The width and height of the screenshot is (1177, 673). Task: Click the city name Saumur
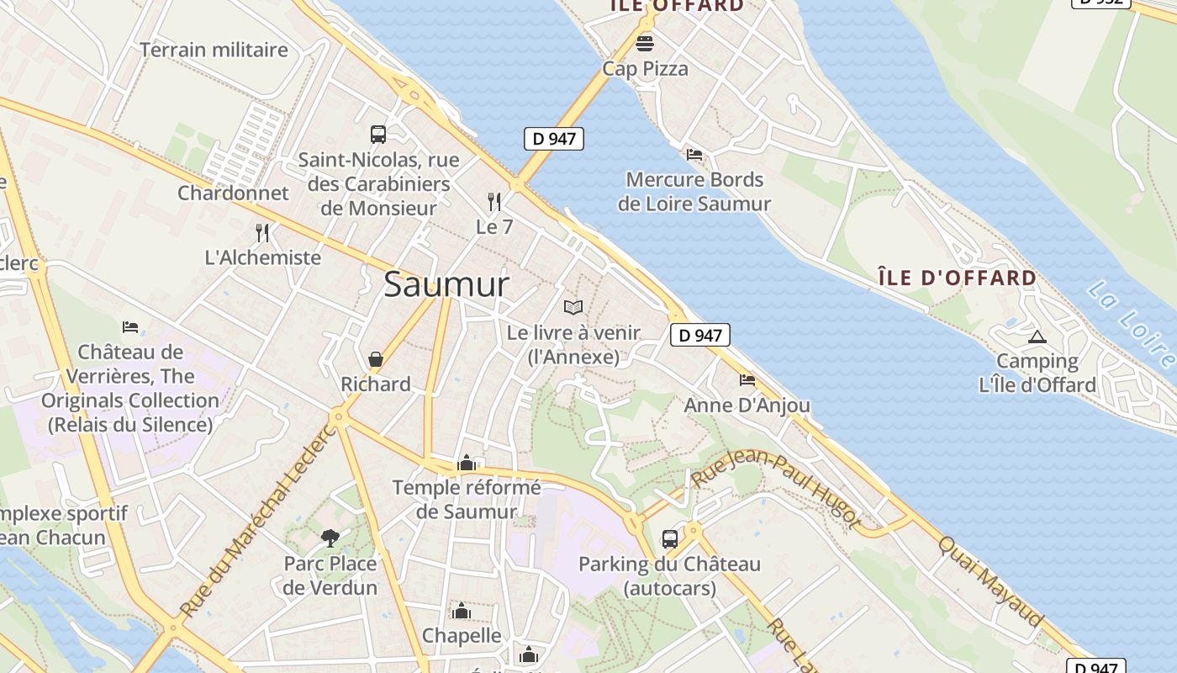coord(446,284)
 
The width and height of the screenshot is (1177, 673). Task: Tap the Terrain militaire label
coord(214,50)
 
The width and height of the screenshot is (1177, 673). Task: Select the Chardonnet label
coord(233,193)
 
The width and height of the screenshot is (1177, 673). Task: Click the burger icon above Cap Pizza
coord(645,43)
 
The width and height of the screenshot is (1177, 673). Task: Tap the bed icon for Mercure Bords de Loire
coord(694,154)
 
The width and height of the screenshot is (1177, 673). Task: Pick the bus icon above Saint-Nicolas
coord(378,134)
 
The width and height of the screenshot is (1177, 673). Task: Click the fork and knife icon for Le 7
coord(494,201)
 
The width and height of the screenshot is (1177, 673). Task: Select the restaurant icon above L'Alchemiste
coord(262,232)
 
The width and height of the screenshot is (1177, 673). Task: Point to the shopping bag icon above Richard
coord(376,359)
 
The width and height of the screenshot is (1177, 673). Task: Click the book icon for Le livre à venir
coord(573,307)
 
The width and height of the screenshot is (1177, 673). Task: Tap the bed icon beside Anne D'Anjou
coord(747,380)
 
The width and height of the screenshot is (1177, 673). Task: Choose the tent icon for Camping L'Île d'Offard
coord(1037,336)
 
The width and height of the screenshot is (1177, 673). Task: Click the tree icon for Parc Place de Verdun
coord(330,538)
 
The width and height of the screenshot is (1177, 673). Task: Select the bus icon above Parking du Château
coord(670,538)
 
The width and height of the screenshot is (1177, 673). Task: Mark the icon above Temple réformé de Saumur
coord(467,463)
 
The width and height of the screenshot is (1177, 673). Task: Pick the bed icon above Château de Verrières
coord(130,326)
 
